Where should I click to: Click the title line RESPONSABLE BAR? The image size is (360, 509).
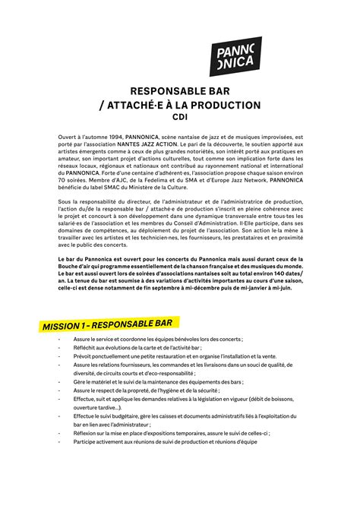coord(179,90)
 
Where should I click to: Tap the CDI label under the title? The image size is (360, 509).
coord(180,118)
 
